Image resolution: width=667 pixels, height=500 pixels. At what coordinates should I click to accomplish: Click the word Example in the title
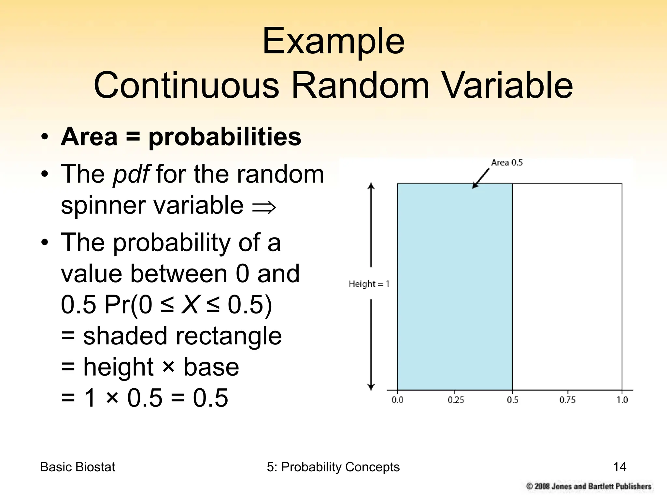pyautogui.click(x=333, y=42)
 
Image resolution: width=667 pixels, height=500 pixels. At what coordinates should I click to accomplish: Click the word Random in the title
pyautogui.click(x=360, y=85)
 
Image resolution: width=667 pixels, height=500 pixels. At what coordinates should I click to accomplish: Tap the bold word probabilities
pyautogui.click(x=225, y=137)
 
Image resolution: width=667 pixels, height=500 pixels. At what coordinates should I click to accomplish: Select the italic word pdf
pyautogui.click(x=131, y=174)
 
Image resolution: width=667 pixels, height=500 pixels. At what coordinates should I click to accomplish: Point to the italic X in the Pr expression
pyautogui.click(x=190, y=305)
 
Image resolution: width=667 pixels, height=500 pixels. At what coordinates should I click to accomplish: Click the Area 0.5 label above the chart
pyautogui.click(x=506, y=163)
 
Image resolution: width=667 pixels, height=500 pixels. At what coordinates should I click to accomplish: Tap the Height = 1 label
pyautogui.click(x=369, y=284)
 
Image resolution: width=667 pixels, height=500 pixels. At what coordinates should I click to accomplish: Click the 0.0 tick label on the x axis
pyautogui.click(x=397, y=400)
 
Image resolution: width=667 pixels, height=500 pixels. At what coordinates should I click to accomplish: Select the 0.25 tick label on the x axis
pyautogui.click(x=456, y=400)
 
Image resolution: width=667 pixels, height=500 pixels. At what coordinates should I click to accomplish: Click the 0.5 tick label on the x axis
pyautogui.click(x=512, y=400)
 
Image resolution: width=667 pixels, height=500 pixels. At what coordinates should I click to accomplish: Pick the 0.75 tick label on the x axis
pyautogui.click(x=567, y=400)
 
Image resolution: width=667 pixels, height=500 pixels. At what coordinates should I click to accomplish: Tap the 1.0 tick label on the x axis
pyautogui.click(x=622, y=400)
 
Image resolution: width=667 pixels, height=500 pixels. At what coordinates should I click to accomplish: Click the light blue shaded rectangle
pyautogui.click(x=455, y=286)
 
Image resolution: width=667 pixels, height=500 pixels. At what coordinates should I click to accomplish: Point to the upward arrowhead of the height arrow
pyautogui.click(x=371, y=186)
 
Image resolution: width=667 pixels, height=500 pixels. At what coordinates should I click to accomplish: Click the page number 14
pyautogui.click(x=619, y=467)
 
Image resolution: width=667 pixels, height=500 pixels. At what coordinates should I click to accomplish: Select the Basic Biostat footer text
pyautogui.click(x=78, y=467)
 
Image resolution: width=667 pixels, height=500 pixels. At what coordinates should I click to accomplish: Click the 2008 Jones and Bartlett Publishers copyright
pyautogui.click(x=589, y=486)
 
